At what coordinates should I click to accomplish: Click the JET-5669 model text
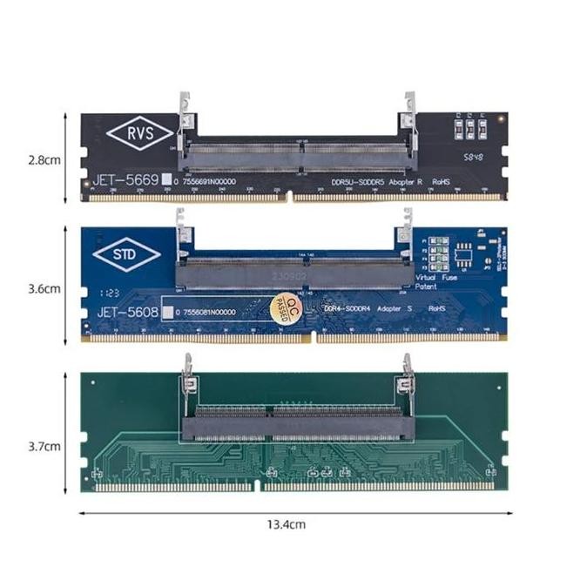coord(127,181)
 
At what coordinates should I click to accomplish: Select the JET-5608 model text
coord(127,309)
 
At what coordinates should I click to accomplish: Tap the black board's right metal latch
coord(407,114)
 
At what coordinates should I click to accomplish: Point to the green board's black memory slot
coord(296,422)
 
